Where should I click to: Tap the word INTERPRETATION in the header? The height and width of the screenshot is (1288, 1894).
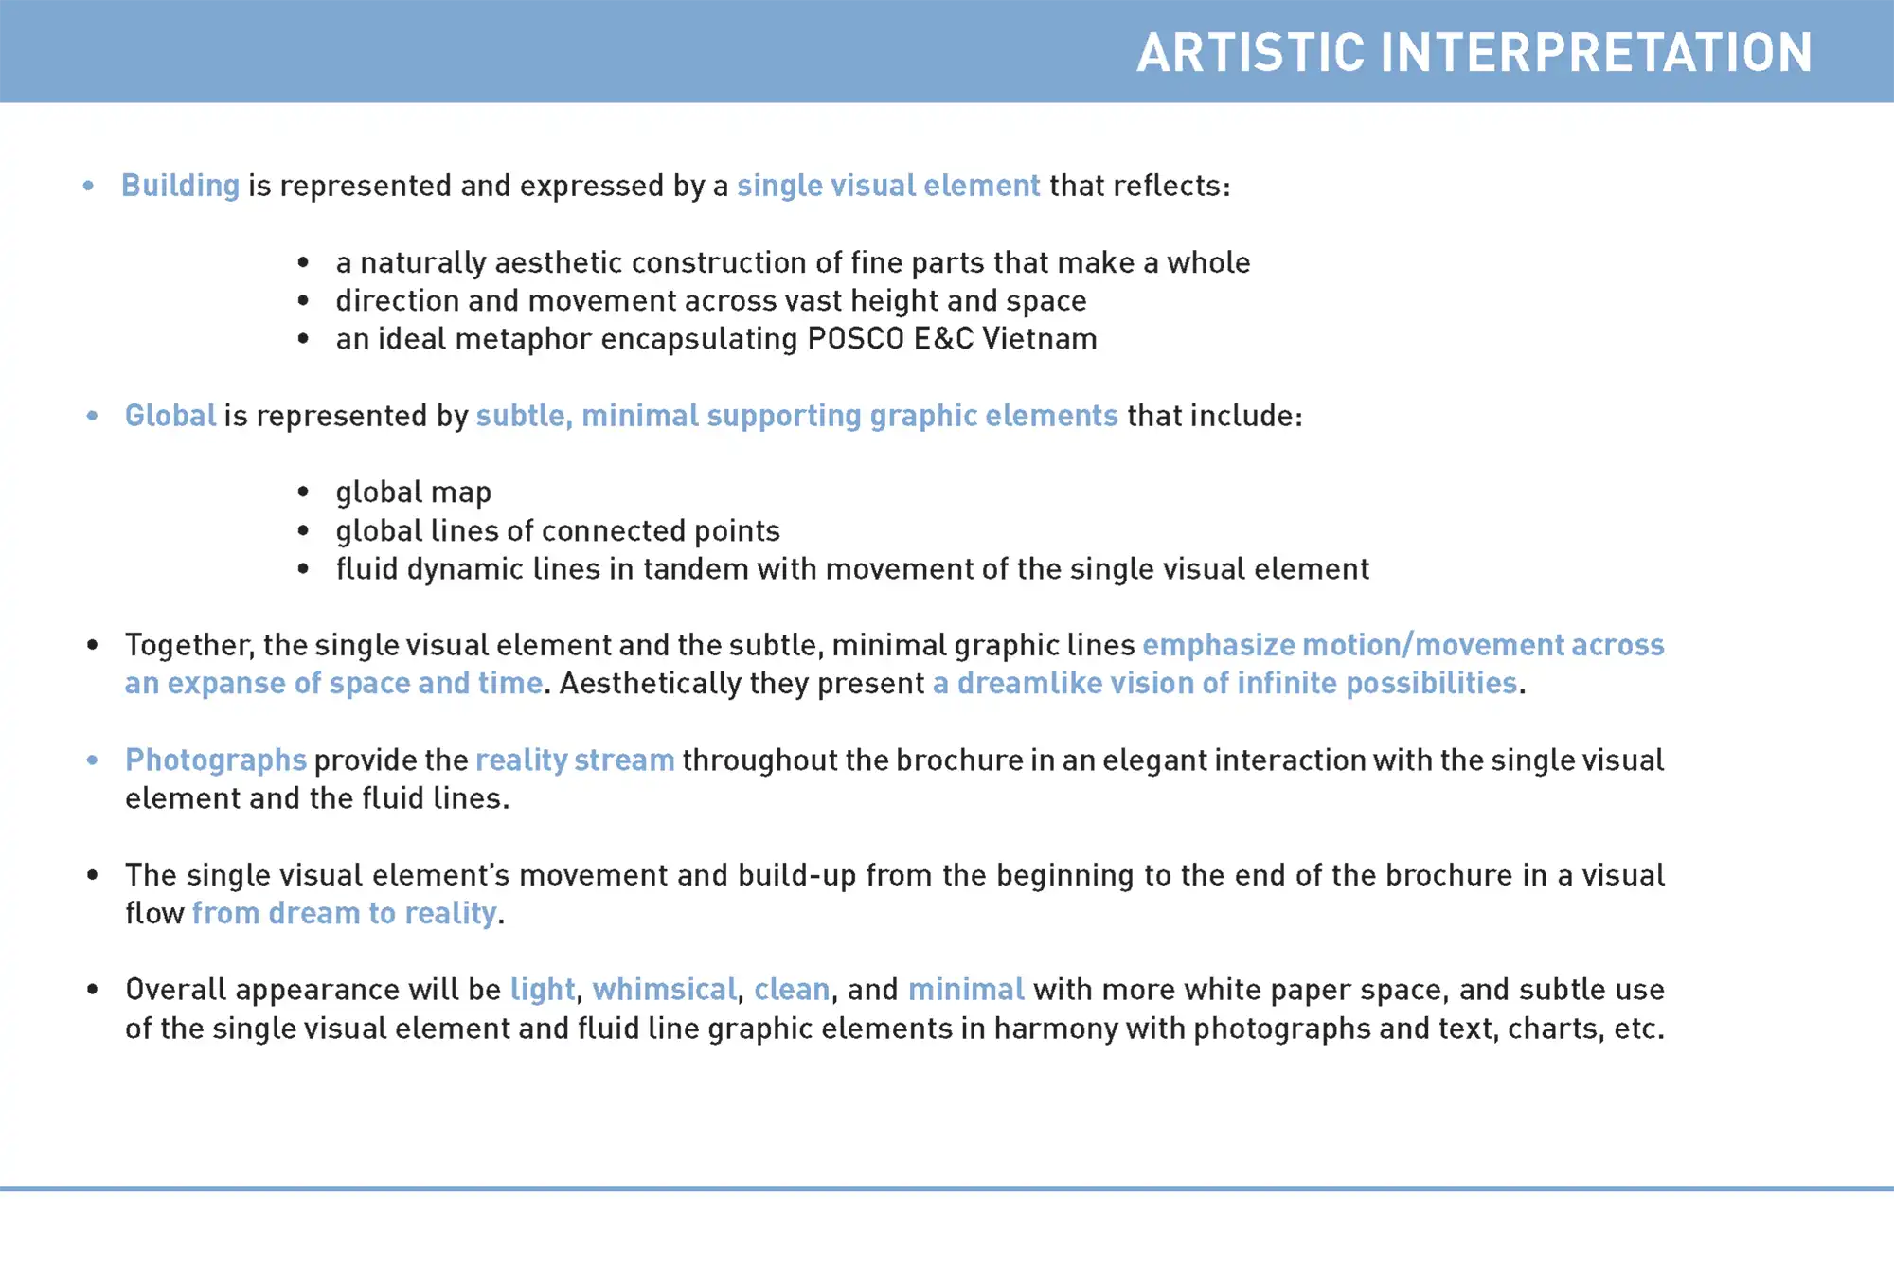point(1598,53)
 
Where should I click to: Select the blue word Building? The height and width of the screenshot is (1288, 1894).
point(180,187)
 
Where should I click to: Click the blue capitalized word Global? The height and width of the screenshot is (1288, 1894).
point(170,416)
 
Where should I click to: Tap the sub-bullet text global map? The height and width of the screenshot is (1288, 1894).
point(414,492)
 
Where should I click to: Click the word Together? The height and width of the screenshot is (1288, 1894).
point(189,646)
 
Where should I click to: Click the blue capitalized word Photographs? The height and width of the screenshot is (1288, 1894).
point(216,760)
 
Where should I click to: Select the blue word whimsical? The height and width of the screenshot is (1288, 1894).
point(664,990)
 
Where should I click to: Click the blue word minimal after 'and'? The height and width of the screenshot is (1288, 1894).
point(966,990)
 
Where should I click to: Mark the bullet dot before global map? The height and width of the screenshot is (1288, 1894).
point(303,492)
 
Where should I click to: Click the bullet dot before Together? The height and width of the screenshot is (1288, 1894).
point(92,645)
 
